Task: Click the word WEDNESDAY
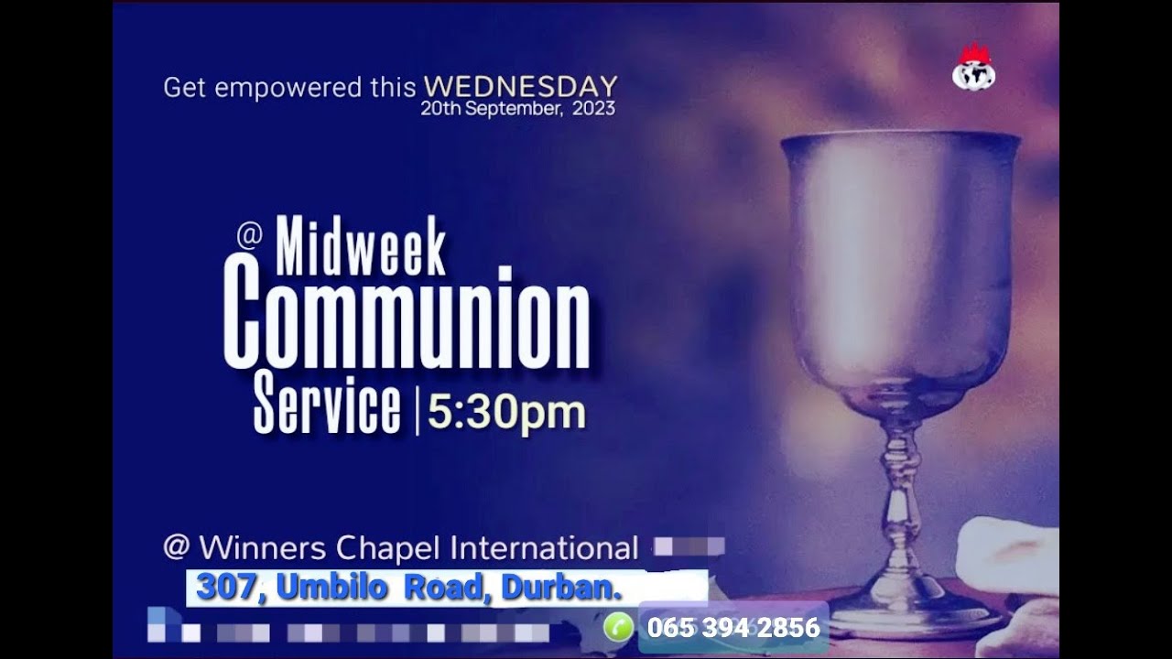tap(520, 87)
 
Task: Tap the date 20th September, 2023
tap(517, 109)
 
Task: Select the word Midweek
tap(361, 247)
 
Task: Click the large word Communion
tap(407, 316)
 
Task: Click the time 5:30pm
tap(506, 413)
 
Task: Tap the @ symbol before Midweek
tap(249, 235)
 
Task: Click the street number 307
tap(225, 587)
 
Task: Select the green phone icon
tap(618, 627)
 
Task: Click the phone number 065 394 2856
tap(733, 628)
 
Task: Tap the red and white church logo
tap(973, 67)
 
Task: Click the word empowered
tap(288, 88)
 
